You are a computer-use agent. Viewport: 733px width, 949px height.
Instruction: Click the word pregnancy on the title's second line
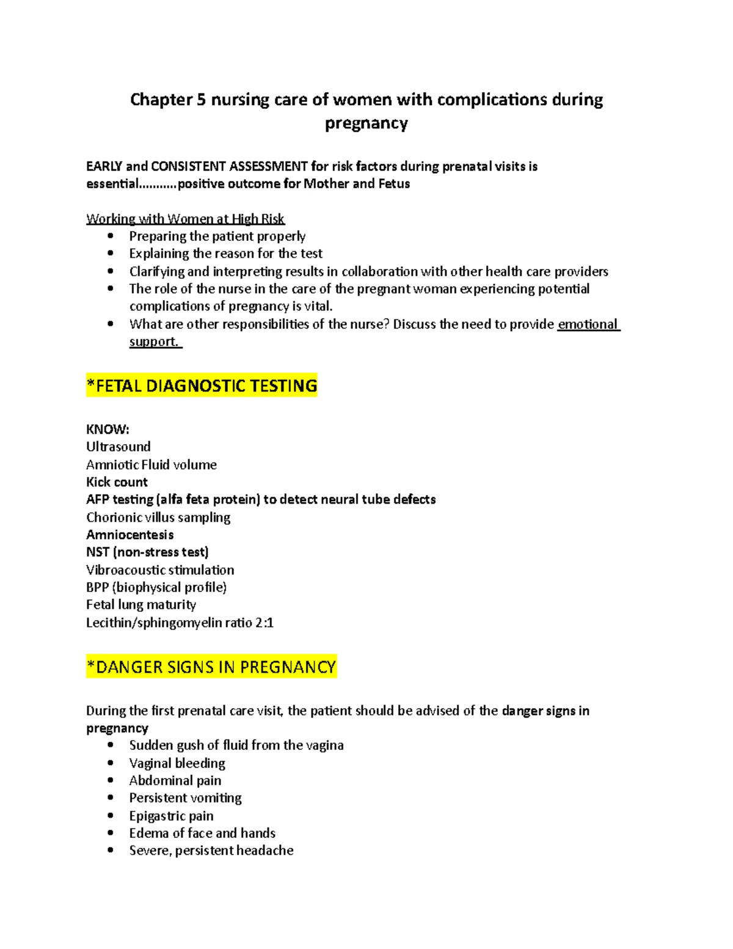(366, 123)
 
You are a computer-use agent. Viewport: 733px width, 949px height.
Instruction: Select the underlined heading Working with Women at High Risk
(185, 219)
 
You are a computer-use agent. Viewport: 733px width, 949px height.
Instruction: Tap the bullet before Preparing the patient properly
(111, 236)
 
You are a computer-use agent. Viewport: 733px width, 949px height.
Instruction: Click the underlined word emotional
(588, 324)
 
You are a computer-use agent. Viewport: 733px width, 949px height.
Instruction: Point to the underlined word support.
(155, 342)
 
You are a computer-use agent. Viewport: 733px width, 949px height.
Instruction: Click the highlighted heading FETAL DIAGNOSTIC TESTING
(202, 386)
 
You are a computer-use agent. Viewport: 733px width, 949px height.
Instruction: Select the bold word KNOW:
(108, 429)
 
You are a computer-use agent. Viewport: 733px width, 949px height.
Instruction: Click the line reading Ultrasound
(119, 447)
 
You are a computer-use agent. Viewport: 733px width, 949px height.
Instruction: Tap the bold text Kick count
(117, 482)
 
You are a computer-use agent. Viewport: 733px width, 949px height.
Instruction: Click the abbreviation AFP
(97, 499)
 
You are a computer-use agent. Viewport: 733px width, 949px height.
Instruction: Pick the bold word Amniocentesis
(129, 535)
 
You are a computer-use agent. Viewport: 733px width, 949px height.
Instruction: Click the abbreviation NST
(97, 552)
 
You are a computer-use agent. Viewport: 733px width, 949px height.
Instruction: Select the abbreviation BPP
(97, 587)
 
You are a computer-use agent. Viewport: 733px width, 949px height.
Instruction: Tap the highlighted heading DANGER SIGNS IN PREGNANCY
(211, 667)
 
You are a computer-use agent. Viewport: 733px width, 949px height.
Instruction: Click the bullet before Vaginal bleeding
(111, 763)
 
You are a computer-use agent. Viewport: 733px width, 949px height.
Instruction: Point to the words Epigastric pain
(171, 816)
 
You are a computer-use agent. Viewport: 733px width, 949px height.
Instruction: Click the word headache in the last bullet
(264, 851)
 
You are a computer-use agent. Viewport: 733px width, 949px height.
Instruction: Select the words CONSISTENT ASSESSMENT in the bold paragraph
(229, 166)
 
